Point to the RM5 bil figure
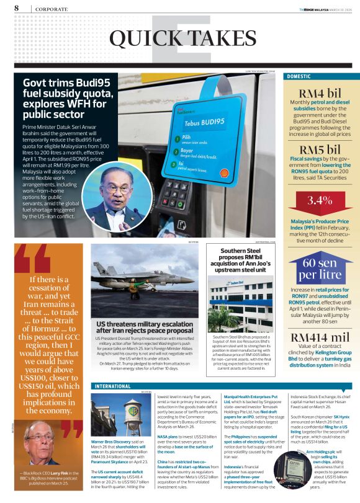click(320, 149)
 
